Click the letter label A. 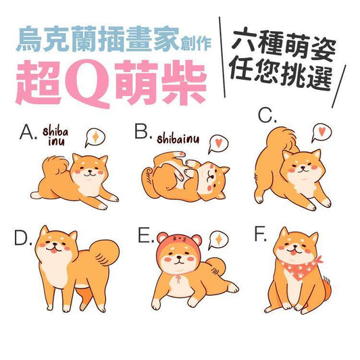[28, 132]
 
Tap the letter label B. [143, 132]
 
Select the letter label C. [267, 115]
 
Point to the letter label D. [24, 238]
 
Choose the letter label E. [146, 236]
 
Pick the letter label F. [261, 234]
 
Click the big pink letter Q [88, 83]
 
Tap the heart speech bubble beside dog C [322, 132]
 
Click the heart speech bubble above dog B [218, 144]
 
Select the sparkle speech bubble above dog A [95, 137]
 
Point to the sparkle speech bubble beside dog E [218, 240]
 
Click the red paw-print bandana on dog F [301, 268]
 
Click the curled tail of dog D [105, 253]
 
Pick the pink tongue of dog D [53, 251]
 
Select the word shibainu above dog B [178, 138]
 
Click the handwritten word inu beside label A [56, 142]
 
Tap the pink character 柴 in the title [184, 82]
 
